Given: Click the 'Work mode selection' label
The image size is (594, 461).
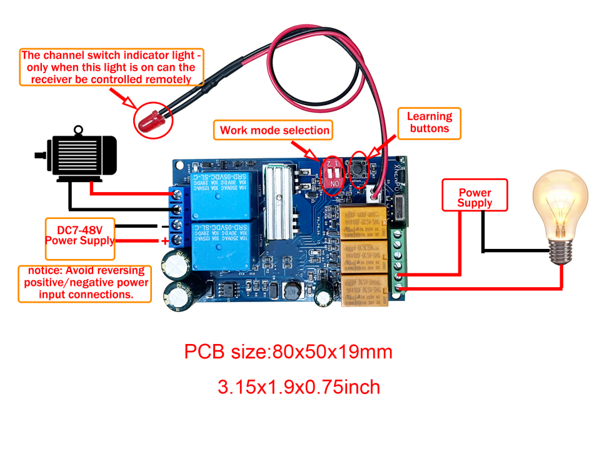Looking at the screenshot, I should (x=274, y=130).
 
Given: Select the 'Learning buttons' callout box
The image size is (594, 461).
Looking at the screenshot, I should (x=429, y=123).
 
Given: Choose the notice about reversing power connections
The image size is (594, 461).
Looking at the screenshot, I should (x=84, y=283).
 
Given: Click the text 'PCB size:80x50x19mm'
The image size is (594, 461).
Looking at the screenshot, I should (x=288, y=352).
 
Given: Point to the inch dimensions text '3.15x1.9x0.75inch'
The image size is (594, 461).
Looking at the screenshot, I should (x=298, y=387).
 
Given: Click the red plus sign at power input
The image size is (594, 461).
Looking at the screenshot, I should (x=165, y=241).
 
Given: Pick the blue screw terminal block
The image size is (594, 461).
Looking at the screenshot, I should (x=178, y=216).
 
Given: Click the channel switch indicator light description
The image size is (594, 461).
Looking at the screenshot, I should (x=112, y=68).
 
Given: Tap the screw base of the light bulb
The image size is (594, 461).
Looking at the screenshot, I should (x=560, y=251).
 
